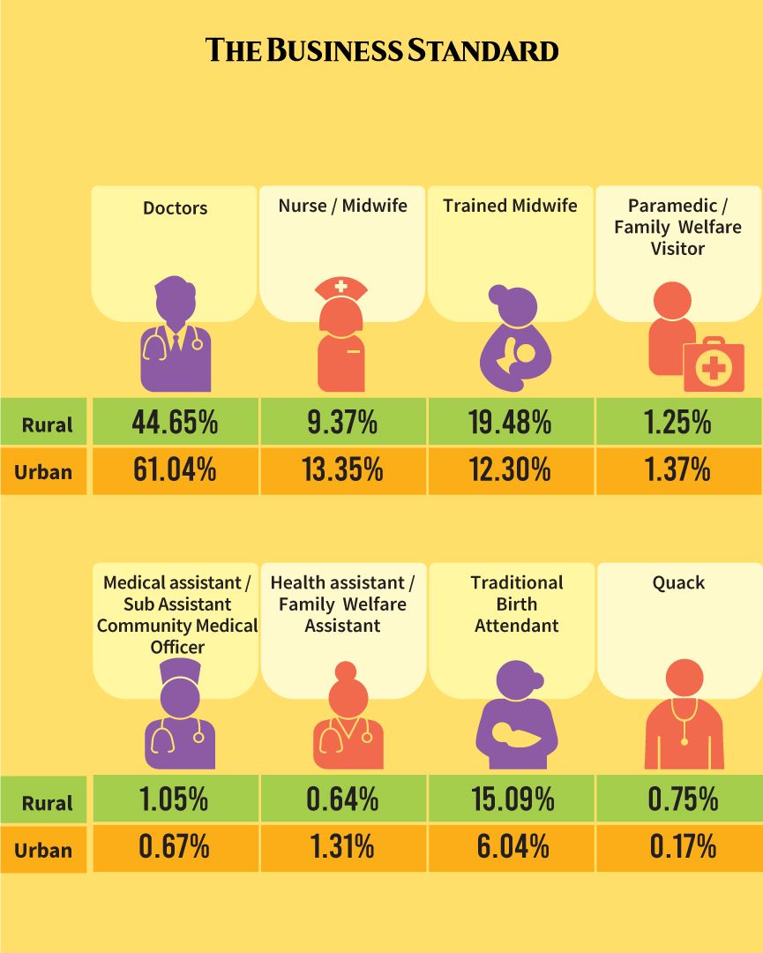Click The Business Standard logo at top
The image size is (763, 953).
382,49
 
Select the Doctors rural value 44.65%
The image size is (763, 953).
175,422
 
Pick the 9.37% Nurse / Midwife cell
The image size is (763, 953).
342,422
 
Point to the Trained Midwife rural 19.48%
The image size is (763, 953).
510,422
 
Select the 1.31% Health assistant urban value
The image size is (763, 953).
342,848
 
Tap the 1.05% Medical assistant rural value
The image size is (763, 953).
174,799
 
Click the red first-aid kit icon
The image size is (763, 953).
714,365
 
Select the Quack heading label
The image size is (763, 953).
678,583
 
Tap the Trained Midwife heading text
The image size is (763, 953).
510,206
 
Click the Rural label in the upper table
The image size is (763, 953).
48,424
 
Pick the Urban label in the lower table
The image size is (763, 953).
43,851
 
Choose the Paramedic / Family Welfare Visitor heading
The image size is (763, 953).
677,227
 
